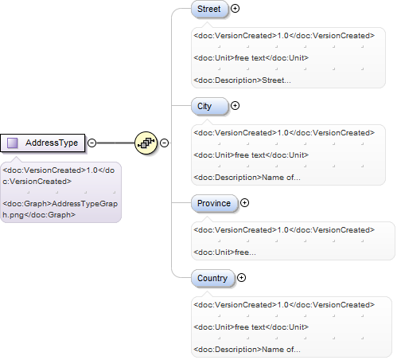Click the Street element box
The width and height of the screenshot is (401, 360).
pyautogui.click(x=209, y=9)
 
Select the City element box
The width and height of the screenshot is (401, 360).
pyautogui.click(x=209, y=106)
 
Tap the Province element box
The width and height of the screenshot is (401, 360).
pyautogui.click(x=214, y=203)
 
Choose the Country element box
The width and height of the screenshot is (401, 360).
pyautogui.click(x=213, y=278)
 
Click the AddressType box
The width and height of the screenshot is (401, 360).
pyautogui.click(x=43, y=143)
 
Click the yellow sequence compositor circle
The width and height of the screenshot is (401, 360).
pyautogui.click(x=146, y=143)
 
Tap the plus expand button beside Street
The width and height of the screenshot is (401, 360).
pyautogui.click(x=235, y=9)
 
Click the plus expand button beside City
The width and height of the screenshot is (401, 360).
pyautogui.click(x=235, y=106)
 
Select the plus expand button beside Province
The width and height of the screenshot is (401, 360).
pyautogui.click(x=244, y=203)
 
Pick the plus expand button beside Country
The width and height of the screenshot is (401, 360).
pyautogui.click(x=241, y=278)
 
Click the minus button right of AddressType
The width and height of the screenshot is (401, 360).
pyautogui.click(x=91, y=143)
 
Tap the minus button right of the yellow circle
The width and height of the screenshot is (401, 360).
pyautogui.click(x=165, y=143)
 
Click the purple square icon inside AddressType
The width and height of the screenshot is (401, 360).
pyautogui.click(x=13, y=143)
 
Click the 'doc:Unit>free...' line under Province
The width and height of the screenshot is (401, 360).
pyautogui.click(x=225, y=252)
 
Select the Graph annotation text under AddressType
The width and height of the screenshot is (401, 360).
pyautogui.click(x=60, y=209)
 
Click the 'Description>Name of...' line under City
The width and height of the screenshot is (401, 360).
pyautogui.click(x=247, y=178)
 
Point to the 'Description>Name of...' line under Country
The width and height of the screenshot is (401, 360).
pyautogui.click(x=247, y=350)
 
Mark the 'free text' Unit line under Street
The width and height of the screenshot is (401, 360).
pyautogui.click(x=251, y=58)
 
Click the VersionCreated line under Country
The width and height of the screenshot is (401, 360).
pyautogui.click(x=284, y=305)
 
